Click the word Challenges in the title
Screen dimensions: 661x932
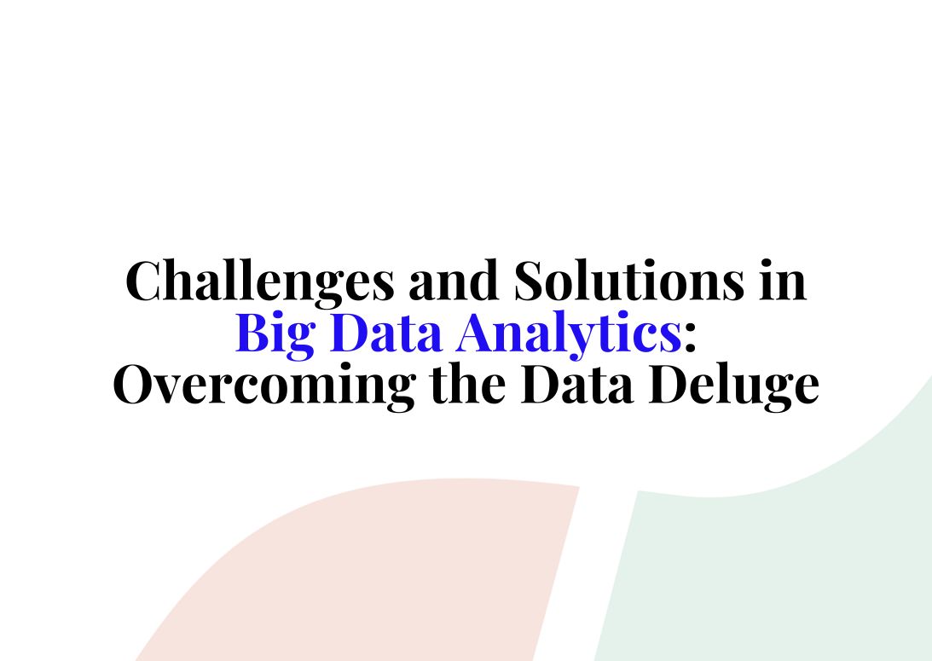point(261,281)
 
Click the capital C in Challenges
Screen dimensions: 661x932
point(145,281)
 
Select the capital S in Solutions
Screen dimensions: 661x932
point(530,281)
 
